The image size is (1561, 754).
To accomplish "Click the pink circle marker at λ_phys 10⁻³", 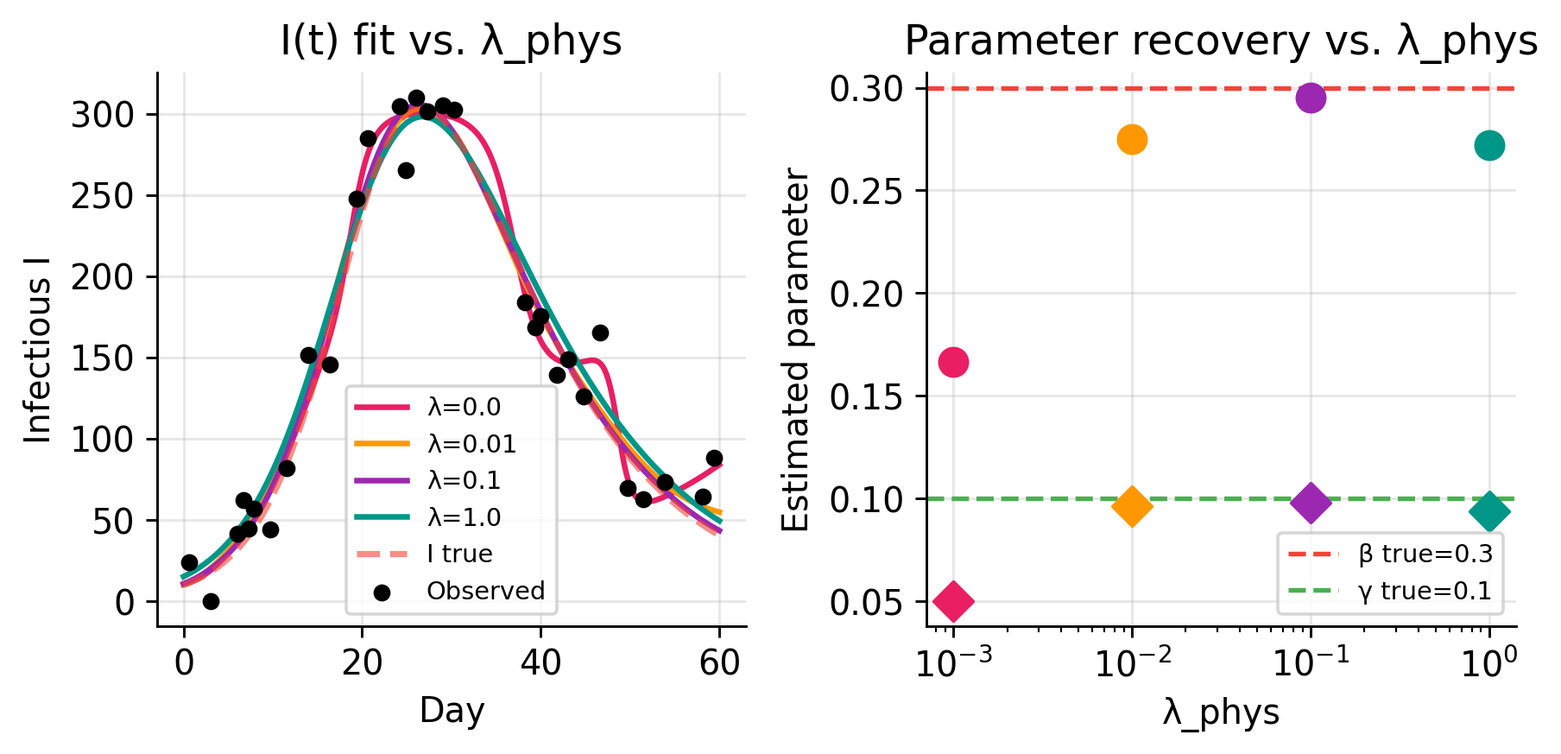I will coord(953,362).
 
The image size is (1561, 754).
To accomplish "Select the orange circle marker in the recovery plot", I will coord(1132,139).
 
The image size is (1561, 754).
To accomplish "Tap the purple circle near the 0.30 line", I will coord(1311,98).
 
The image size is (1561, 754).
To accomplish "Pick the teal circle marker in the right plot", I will coord(1489,146).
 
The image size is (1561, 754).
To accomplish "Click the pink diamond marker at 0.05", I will coord(953,601).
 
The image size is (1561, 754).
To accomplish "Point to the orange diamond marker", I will coord(1132,506).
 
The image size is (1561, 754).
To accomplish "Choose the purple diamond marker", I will coord(1311,503).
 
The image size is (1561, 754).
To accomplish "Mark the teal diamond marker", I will coord(1489,512).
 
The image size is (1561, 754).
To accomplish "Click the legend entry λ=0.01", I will coord(471,444).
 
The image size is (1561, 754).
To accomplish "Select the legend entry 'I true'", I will coord(459,554).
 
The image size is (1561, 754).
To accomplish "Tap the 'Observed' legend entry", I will coord(485,591).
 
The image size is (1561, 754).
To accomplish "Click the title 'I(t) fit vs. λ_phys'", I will coord(452,41).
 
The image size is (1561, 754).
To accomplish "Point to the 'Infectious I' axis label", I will coord(38,350).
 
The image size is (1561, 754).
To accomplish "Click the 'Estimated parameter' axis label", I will coord(796,350).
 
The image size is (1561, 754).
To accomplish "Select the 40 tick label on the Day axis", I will coord(540,663).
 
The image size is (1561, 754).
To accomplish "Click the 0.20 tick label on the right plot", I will coord(865,294).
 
